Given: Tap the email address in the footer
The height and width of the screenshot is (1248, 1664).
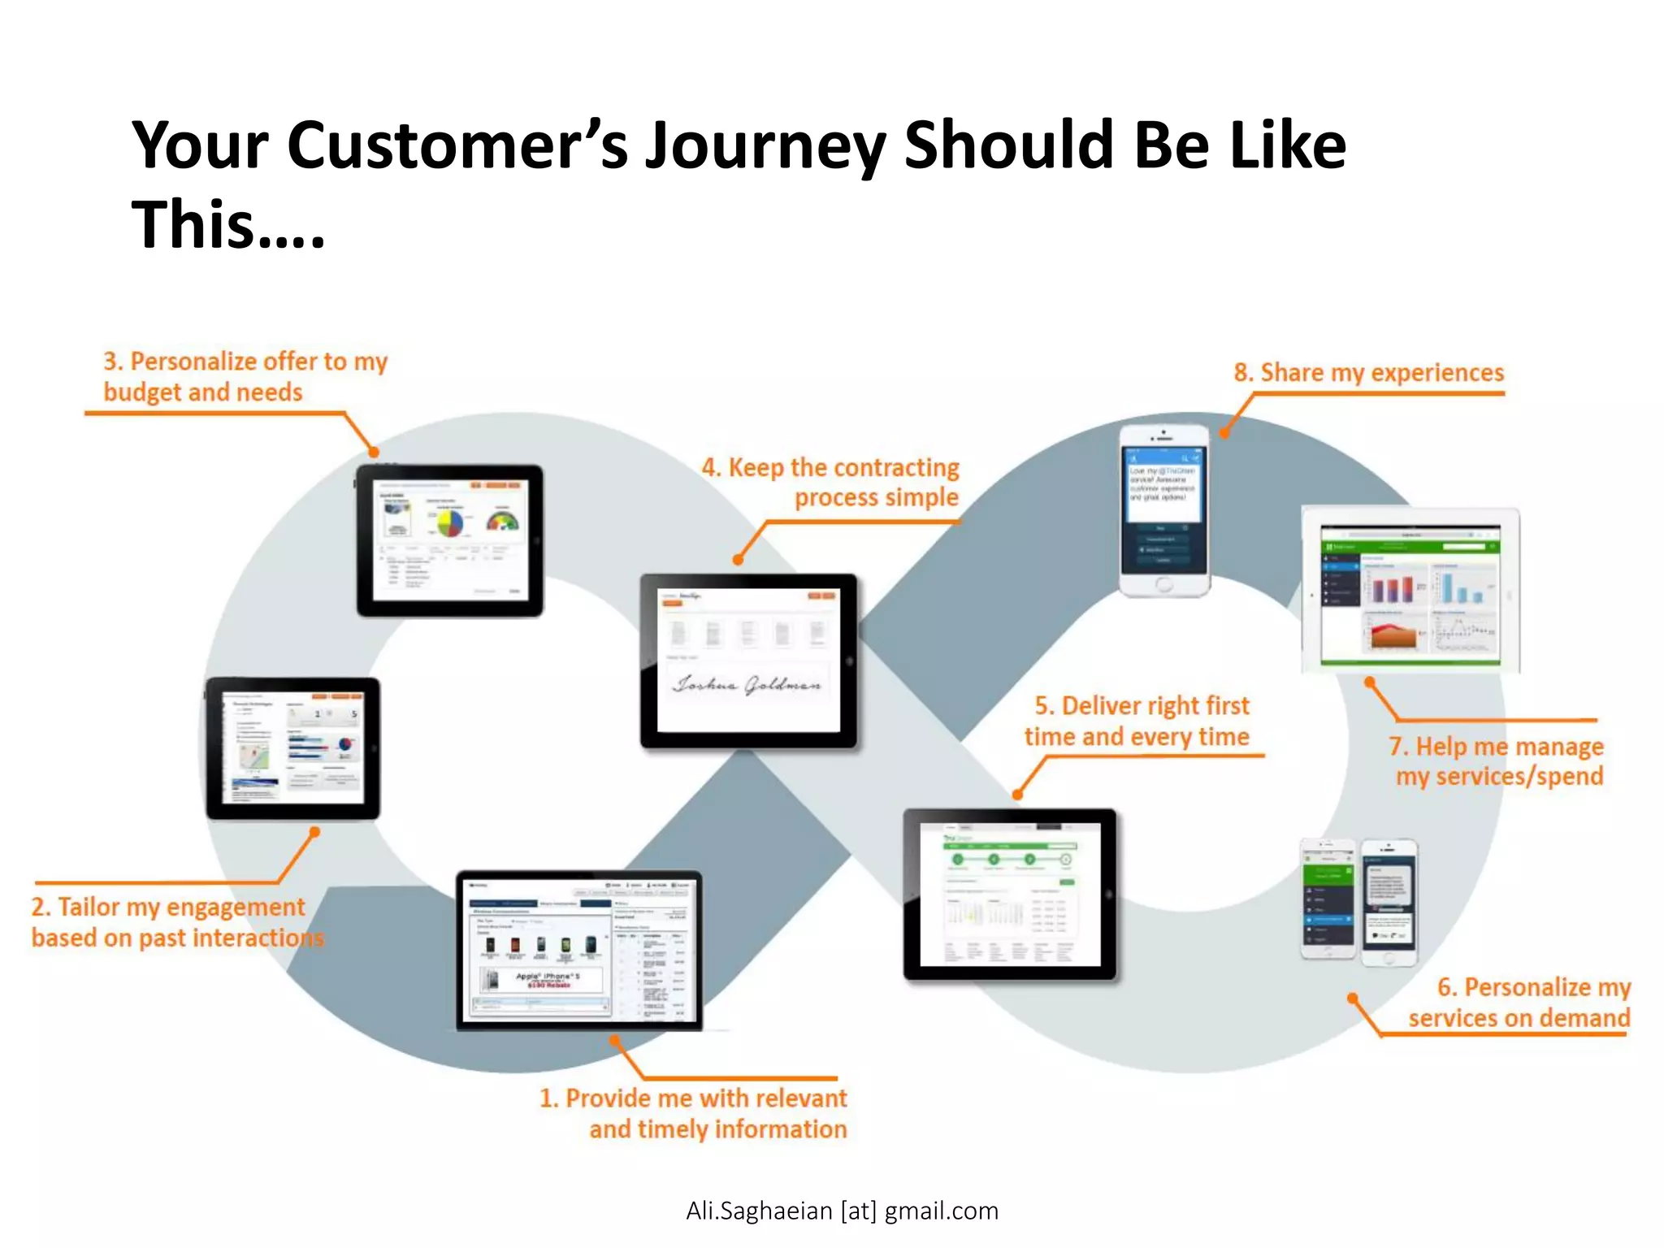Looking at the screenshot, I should tap(842, 1211).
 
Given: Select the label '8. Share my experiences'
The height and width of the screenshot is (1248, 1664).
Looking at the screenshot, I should tap(1368, 373).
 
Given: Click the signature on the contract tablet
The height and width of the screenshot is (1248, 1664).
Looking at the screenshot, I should tap(746, 685).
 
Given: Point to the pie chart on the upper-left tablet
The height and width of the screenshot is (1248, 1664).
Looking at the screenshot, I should tap(449, 522).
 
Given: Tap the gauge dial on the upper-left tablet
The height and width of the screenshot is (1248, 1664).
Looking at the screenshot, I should tap(502, 520).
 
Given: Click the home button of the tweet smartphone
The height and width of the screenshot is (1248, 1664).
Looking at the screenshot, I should tap(1163, 584).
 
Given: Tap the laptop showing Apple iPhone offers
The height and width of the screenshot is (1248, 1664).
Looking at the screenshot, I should tap(578, 951).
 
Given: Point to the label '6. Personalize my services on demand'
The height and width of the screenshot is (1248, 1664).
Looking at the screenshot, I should tap(1519, 1003).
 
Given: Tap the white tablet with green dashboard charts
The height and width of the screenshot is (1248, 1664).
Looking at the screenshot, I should tap(1410, 591).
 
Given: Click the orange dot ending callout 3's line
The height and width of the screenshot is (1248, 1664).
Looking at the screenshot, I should tap(374, 452).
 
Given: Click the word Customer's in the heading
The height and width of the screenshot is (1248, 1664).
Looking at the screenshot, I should tap(457, 146).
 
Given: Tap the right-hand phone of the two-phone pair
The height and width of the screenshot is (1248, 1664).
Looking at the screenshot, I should tap(1389, 902).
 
